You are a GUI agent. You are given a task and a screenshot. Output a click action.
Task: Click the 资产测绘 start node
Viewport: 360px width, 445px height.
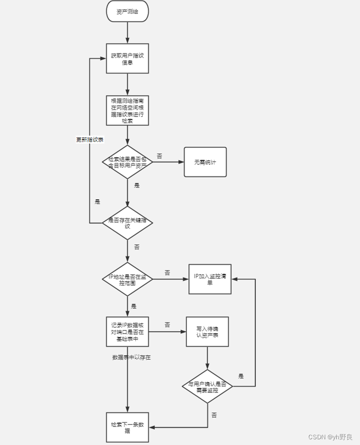tap(127, 11)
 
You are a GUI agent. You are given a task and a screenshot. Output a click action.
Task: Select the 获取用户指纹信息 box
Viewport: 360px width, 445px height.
tap(127, 59)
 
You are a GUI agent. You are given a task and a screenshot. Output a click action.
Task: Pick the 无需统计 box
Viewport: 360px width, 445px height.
tap(205, 163)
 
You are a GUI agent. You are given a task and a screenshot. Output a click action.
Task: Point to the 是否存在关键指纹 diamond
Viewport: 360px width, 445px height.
tap(127, 223)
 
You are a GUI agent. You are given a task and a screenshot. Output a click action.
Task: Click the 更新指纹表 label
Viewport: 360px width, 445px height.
tap(90, 140)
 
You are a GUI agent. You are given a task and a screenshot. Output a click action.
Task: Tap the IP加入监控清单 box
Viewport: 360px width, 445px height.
tap(209, 280)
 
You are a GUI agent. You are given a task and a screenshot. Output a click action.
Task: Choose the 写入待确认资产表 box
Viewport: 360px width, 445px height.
tap(207, 332)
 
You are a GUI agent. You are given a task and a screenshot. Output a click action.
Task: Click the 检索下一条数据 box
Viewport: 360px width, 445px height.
tap(127, 427)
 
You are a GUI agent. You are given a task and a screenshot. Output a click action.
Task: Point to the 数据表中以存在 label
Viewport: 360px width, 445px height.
tap(131, 357)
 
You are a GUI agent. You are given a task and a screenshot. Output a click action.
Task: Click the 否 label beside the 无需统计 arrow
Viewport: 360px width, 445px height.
tap(159, 156)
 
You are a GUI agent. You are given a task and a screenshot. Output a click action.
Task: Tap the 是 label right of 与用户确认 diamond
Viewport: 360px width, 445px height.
tap(241, 376)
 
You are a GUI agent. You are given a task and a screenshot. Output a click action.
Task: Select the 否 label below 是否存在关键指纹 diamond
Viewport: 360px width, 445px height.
tap(137, 247)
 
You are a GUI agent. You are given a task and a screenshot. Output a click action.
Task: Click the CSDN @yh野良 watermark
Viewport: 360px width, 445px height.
tap(330, 437)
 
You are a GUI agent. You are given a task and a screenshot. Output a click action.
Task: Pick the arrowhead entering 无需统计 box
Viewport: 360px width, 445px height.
tap(181, 163)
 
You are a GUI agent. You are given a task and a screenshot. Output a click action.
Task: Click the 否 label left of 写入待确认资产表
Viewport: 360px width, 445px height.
tap(167, 325)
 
